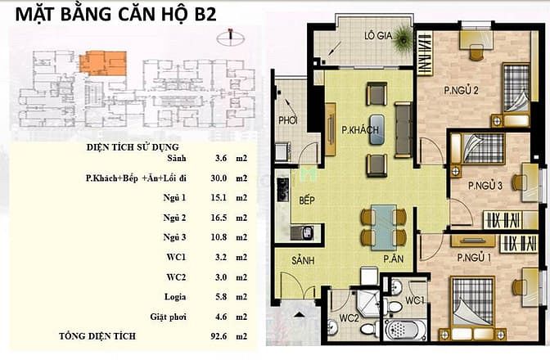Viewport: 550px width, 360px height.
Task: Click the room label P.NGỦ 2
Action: pos(461,91)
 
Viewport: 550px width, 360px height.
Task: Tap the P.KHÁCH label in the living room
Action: pos(360,130)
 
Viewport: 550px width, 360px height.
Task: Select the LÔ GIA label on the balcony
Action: pos(378,35)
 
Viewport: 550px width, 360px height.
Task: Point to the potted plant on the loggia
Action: pos(403,39)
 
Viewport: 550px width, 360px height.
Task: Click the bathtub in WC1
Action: pos(405,329)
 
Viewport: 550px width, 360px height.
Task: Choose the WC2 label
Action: pos(349,318)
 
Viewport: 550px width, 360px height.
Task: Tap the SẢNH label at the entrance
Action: pos(303,260)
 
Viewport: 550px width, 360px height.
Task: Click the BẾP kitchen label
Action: pos(307,200)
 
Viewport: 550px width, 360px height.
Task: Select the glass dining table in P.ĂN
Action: pos(384,227)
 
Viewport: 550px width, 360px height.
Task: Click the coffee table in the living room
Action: pos(376,130)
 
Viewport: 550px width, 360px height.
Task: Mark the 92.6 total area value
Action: pos(219,336)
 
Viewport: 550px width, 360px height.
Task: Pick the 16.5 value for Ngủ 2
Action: pos(219,218)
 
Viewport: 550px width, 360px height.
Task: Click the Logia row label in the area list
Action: pos(175,297)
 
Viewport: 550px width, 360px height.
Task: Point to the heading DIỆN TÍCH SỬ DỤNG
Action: pos(133,147)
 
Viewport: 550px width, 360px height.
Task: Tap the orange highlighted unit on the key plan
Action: pos(103,63)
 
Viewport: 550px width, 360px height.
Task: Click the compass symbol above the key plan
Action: pos(231,38)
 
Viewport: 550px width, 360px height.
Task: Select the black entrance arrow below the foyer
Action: pos(299,314)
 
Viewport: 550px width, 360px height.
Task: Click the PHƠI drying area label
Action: pos(288,120)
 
